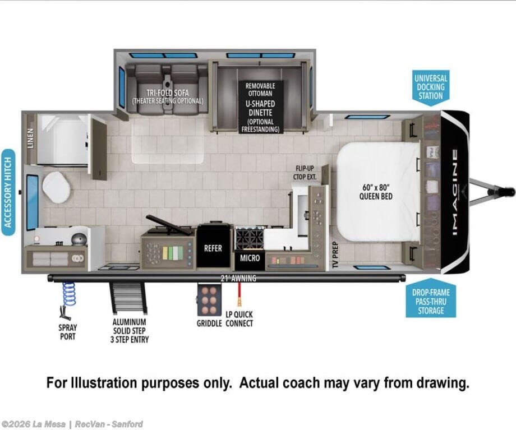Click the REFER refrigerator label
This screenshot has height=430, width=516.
[x=213, y=248]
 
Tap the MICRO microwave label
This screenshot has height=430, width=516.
[x=250, y=258]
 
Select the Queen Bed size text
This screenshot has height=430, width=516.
[x=376, y=192]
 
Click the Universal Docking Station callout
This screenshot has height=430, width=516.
[x=431, y=88]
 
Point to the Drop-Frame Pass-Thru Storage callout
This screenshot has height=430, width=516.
[x=431, y=298]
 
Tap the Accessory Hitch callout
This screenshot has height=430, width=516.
[x=8, y=192]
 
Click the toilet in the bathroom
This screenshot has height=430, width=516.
[x=56, y=187]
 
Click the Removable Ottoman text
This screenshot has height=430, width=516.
[x=260, y=90]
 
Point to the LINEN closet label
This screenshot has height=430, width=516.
[x=31, y=138]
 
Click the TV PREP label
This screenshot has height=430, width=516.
[x=335, y=255]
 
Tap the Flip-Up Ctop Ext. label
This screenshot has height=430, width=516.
[x=305, y=173]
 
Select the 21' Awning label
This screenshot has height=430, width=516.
[x=238, y=278]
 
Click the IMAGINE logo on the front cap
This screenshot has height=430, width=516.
[x=454, y=192]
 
